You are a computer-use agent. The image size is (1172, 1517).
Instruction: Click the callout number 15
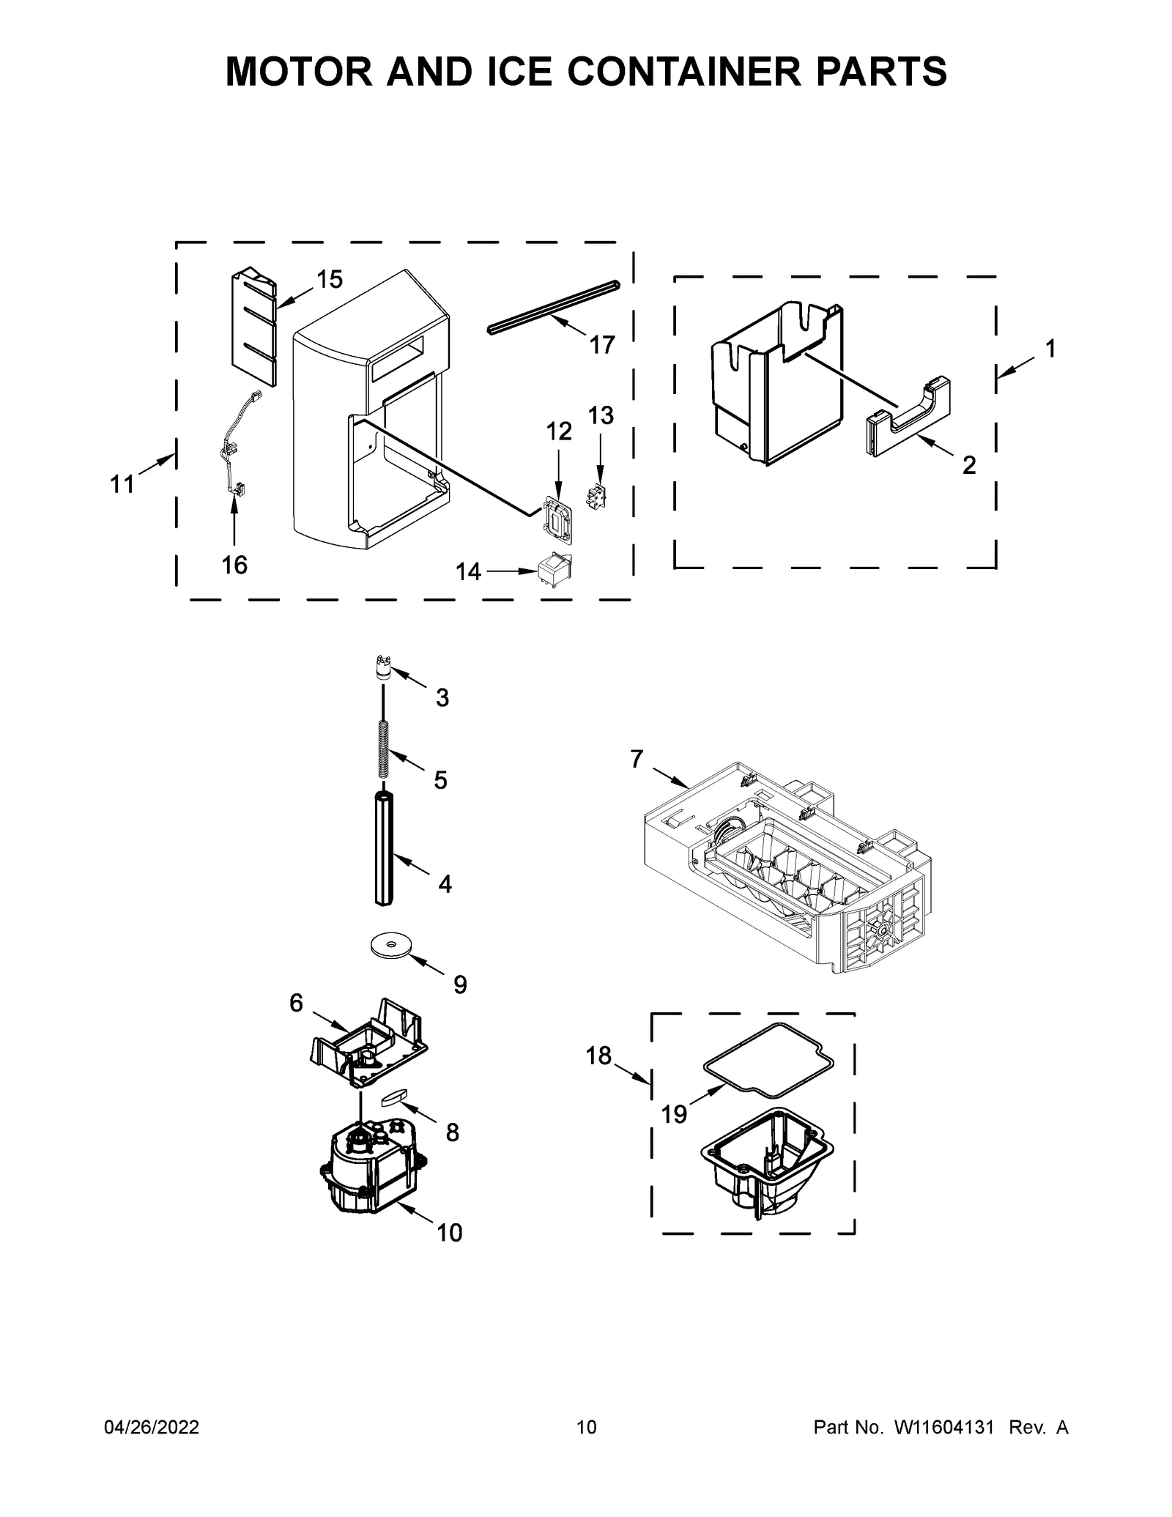[x=330, y=279]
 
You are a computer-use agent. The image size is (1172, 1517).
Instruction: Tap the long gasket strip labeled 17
[x=553, y=307]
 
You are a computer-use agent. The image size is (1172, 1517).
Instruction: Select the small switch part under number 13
[x=597, y=497]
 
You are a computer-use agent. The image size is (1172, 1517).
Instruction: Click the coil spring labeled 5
[x=382, y=749]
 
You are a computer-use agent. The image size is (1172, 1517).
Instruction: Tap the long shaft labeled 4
[x=385, y=850]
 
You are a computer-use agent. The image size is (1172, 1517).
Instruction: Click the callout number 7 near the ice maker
[x=636, y=760]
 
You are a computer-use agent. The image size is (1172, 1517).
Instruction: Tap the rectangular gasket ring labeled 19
[x=768, y=1061]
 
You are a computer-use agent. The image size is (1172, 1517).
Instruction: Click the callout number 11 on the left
[x=122, y=483]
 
